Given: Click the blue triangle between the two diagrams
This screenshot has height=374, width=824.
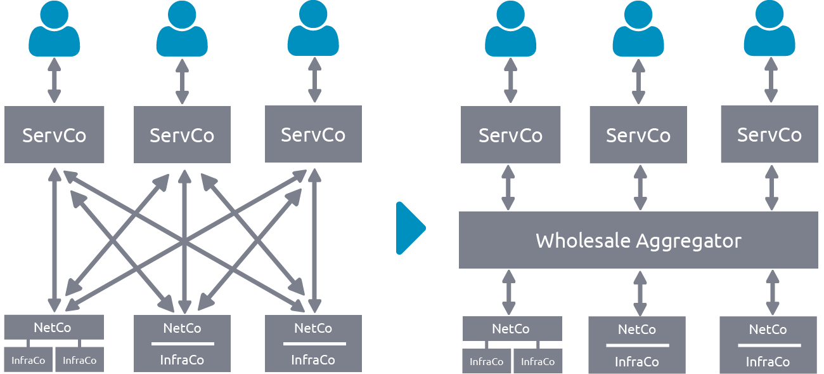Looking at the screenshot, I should pos(409,228).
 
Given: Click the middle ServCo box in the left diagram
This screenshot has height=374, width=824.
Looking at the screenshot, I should pos(182,135).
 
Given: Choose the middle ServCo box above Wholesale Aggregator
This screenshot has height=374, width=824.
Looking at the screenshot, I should pos(638,135).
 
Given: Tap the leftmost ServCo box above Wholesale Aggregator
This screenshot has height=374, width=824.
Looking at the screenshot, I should pos(510,135).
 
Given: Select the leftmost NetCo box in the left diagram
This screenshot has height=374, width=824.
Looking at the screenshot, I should pos(54,327).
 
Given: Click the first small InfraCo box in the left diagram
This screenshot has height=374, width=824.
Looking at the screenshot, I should pos(29,360).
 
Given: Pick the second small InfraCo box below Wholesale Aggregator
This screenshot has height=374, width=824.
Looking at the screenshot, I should pos(538,361).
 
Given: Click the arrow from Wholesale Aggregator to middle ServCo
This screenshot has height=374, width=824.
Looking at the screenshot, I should pos(640,187).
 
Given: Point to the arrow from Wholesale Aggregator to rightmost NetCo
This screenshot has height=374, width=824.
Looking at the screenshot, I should pos(771,292).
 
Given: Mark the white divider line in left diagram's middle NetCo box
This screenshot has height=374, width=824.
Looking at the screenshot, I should pos(182,344).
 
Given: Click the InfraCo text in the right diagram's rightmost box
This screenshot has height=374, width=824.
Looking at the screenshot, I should pos(768,362).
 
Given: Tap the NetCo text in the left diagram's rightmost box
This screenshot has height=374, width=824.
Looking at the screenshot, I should pos(313,328).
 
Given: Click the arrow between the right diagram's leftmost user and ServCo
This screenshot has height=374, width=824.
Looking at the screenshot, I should pos(510,81).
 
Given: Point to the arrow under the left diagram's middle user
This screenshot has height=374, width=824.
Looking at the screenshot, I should pos(182,81).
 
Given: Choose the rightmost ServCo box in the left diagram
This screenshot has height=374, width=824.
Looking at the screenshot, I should pos(313,134).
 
